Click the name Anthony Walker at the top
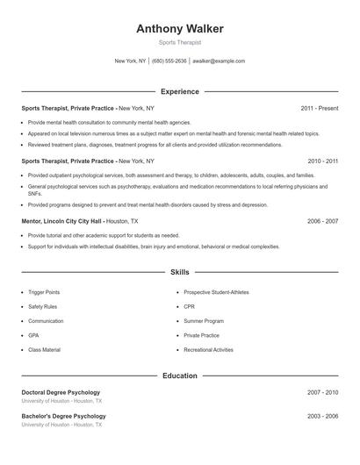point(179,29)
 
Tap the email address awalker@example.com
point(218,61)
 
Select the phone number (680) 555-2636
point(169,61)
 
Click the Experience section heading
point(180,91)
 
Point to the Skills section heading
point(180,273)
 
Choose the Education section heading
point(180,376)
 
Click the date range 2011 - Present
point(319,108)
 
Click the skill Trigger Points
point(45,291)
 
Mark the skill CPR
point(189,306)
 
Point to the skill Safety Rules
point(43,306)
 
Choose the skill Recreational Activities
point(208,350)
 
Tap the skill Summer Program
point(203,321)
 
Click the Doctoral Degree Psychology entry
point(61,392)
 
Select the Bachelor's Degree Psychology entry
point(63,416)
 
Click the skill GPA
point(33,335)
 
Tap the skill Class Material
point(44,350)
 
